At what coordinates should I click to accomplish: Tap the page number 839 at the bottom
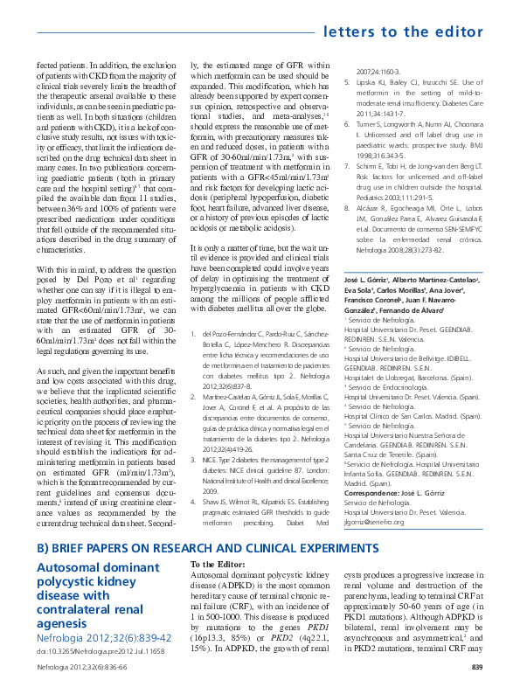(477, 668)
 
